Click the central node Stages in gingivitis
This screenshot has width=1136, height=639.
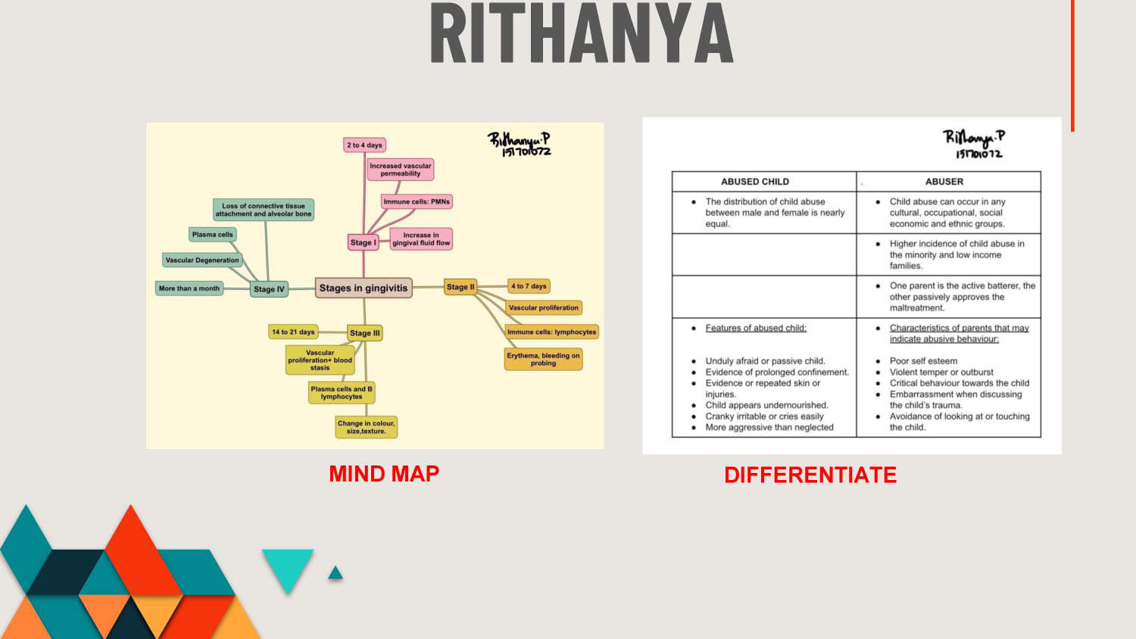(x=364, y=288)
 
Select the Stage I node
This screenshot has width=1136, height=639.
(x=363, y=242)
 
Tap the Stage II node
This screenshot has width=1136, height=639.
(x=460, y=287)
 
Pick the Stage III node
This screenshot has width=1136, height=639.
(x=364, y=332)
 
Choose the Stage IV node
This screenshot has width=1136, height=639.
(x=269, y=289)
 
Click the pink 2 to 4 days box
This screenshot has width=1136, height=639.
(x=364, y=145)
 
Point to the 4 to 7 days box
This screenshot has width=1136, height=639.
(x=529, y=286)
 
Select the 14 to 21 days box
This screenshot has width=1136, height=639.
(x=293, y=332)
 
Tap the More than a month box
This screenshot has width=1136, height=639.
(x=189, y=288)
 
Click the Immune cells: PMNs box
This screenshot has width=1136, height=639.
(x=417, y=201)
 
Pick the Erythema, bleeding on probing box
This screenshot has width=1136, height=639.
(x=543, y=359)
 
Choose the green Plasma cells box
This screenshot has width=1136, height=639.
(x=213, y=234)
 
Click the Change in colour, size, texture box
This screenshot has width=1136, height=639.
(x=366, y=427)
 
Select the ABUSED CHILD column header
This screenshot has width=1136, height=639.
(x=754, y=182)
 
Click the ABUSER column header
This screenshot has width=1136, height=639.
(x=944, y=182)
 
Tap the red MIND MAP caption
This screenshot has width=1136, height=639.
(x=384, y=474)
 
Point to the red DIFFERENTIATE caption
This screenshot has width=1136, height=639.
(x=810, y=475)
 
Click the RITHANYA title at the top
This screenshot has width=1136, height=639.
(x=581, y=33)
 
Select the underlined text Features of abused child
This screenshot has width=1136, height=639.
(x=756, y=328)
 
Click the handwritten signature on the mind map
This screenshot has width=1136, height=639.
(x=520, y=144)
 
